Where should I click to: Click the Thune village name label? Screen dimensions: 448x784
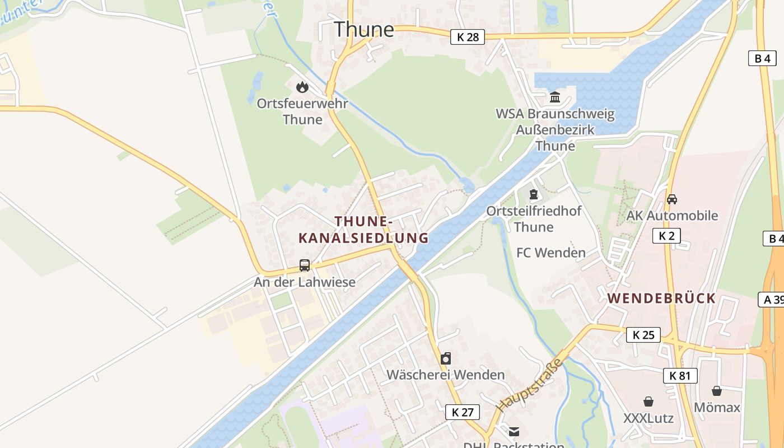click(363, 29)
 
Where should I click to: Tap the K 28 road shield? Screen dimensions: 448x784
click(468, 37)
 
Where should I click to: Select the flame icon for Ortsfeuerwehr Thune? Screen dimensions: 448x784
click(302, 87)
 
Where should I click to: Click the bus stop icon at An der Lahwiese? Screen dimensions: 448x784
click(305, 265)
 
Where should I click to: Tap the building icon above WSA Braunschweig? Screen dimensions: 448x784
click(555, 97)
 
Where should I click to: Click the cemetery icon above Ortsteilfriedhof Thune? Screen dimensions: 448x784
click(534, 194)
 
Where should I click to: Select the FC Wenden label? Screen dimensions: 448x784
click(550, 253)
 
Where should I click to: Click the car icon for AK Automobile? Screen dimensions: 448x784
click(672, 199)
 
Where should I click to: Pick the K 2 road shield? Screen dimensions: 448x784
click(666, 236)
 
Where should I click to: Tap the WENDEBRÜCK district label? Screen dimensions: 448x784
click(661, 298)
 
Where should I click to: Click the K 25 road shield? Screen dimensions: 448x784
click(643, 335)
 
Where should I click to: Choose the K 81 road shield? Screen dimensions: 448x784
click(680, 376)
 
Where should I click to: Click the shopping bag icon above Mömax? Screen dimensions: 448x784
click(717, 391)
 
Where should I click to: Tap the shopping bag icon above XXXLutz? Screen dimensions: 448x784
click(648, 402)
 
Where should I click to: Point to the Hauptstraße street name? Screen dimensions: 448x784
click(529, 386)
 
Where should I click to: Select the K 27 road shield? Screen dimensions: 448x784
click(463, 412)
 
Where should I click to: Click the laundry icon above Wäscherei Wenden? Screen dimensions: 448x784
click(446, 358)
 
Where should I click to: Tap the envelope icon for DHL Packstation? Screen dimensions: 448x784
click(514, 432)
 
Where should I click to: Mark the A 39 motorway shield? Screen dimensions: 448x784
click(772, 300)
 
